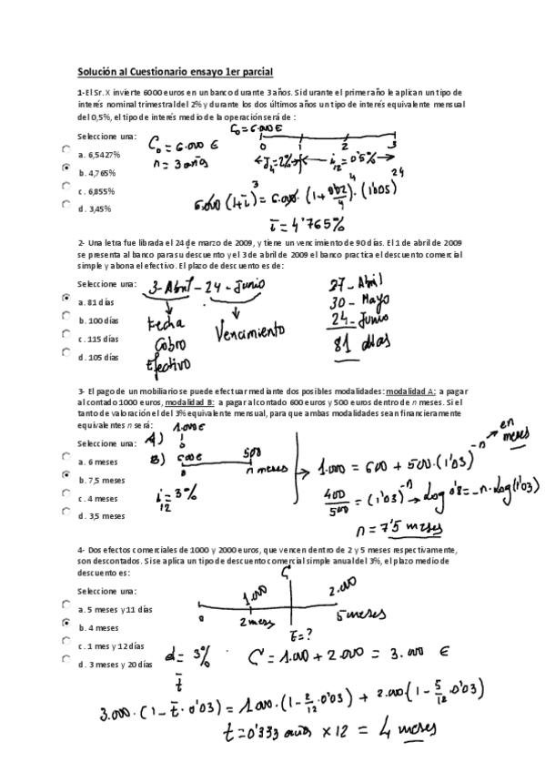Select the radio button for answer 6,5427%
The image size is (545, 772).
[x=66, y=151]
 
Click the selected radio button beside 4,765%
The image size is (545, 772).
[x=66, y=168]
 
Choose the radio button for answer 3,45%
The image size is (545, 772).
[x=66, y=205]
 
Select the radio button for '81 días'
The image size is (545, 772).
[x=66, y=299]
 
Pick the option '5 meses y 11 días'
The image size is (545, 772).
[x=116, y=609]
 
